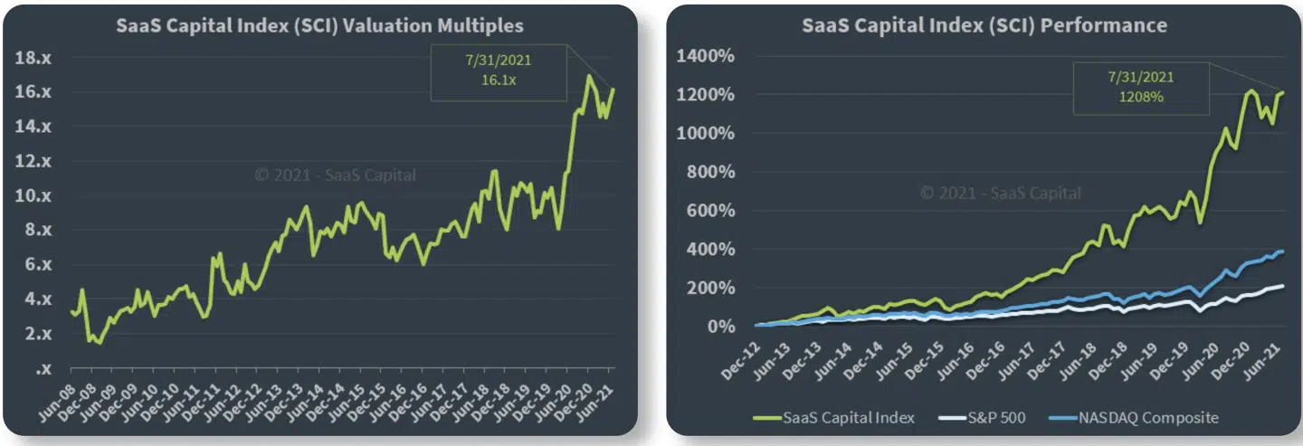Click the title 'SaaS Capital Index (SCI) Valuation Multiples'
point(319,25)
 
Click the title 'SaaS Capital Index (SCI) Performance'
point(984,25)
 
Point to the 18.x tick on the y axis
point(34,58)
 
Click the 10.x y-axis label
point(34,195)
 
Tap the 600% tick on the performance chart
point(713,212)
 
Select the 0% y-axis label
point(722,327)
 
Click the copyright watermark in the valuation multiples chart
point(335,176)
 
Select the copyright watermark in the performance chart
point(1000,193)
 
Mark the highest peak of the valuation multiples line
point(589,76)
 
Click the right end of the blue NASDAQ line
point(1282,251)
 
